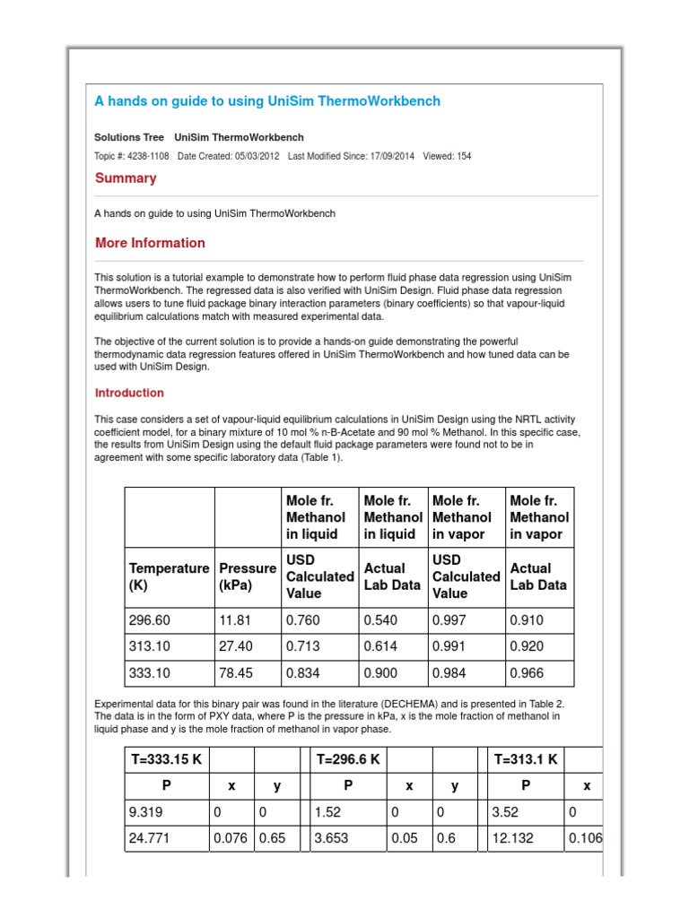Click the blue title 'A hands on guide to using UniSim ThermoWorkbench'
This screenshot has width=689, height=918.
point(267,101)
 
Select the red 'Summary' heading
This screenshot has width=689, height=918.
point(126,178)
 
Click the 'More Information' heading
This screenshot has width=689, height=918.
point(150,243)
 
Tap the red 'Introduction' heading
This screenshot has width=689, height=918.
point(129,393)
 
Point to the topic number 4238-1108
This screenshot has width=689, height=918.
point(146,156)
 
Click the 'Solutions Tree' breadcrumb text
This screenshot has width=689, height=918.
point(129,137)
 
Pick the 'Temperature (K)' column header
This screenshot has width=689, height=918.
point(169,576)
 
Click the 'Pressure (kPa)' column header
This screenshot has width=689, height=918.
point(247,576)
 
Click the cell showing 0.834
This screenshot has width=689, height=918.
point(302,671)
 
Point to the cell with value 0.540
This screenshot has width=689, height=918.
point(380,620)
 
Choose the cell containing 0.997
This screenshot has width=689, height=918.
point(449,620)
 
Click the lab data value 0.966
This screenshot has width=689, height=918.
point(527,671)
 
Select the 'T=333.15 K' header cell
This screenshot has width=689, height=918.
point(166,759)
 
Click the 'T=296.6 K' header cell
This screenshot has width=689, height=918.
point(349,759)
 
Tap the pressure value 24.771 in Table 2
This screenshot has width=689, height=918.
point(150,839)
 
